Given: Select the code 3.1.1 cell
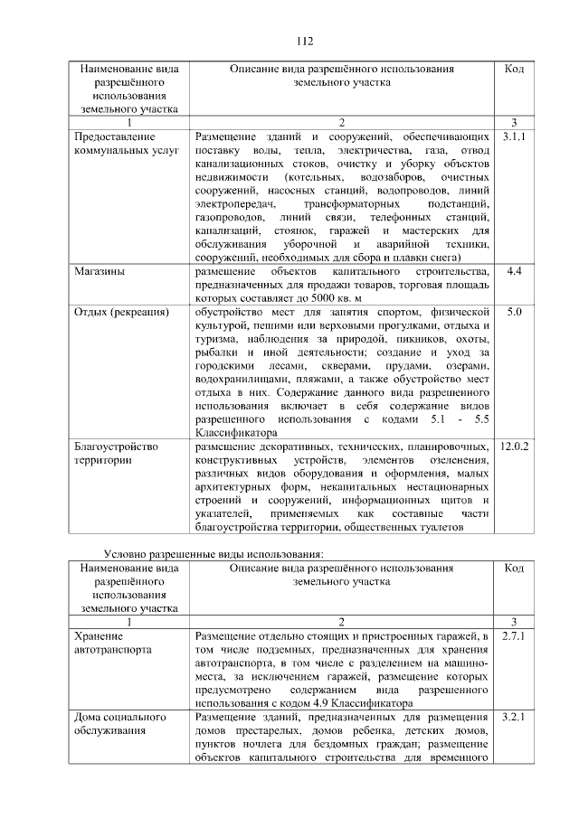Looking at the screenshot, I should coord(513,136).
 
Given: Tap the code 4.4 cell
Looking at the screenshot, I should coord(513,270).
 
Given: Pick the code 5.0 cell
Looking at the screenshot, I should coord(513,312).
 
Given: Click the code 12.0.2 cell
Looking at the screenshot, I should coord(513,447).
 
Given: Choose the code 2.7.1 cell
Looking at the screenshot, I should coord(513,636).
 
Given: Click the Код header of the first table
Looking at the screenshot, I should coord(513,69).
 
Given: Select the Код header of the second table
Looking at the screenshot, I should coord(513,569).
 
